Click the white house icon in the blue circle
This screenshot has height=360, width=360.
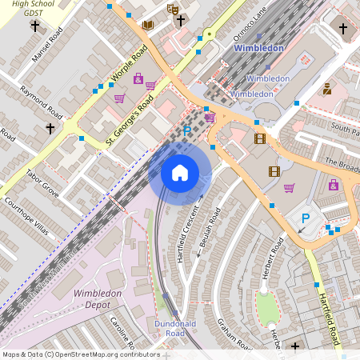pos(180,172)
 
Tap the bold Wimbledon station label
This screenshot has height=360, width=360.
pos(258,48)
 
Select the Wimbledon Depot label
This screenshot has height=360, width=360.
pos(98,299)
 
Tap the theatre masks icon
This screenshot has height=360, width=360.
pos(172,10)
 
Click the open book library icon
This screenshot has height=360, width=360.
pos(147,25)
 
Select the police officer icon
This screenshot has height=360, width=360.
pos(326,89)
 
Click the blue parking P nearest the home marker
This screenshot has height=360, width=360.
pos(187,130)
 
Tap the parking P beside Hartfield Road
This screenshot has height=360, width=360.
pos(305,218)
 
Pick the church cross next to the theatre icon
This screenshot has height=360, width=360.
pos(181,19)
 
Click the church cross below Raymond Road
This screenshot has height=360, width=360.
pos(50,128)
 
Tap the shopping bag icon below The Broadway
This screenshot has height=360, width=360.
pos(333,185)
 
